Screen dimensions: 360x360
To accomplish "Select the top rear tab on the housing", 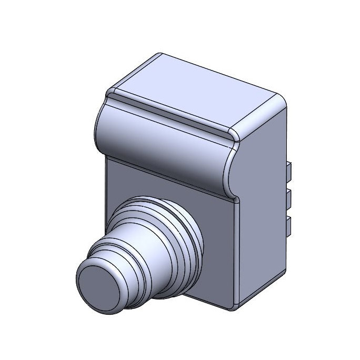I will coord(289,169).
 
